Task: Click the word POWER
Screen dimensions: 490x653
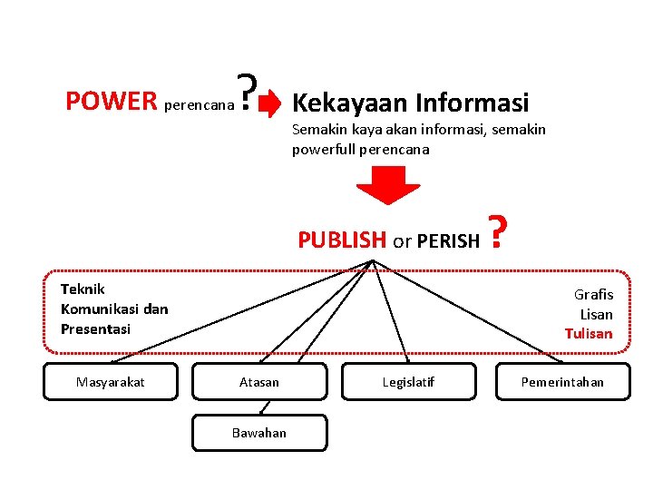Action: click(112, 100)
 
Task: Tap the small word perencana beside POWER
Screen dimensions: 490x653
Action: click(197, 105)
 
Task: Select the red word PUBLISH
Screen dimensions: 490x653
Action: click(342, 240)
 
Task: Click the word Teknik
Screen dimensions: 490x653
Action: click(83, 289)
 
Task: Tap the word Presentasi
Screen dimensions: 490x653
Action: click(95, 328)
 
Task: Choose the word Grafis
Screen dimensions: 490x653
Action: click(593, 294)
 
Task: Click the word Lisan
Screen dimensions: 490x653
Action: click(596, 314)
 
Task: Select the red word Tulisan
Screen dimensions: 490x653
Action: click(589, 333)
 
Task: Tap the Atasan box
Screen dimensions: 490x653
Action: click(258, 382)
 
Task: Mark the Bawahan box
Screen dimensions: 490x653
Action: click(258, 433)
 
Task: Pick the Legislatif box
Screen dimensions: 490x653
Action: click(408, 382)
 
